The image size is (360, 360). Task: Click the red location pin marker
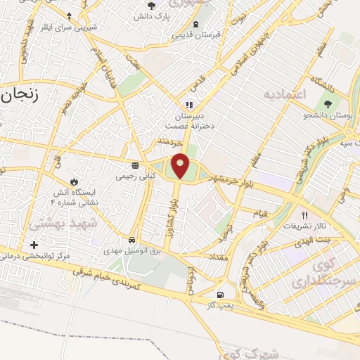[181, 165]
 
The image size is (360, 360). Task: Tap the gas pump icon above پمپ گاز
[221, 295]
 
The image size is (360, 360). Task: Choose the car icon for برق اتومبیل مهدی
[132, 238]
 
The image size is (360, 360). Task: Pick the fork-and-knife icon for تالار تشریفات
[304, 217]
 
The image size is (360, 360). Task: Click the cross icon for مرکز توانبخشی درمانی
[34, 245]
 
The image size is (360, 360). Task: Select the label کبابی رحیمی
[131, 178]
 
